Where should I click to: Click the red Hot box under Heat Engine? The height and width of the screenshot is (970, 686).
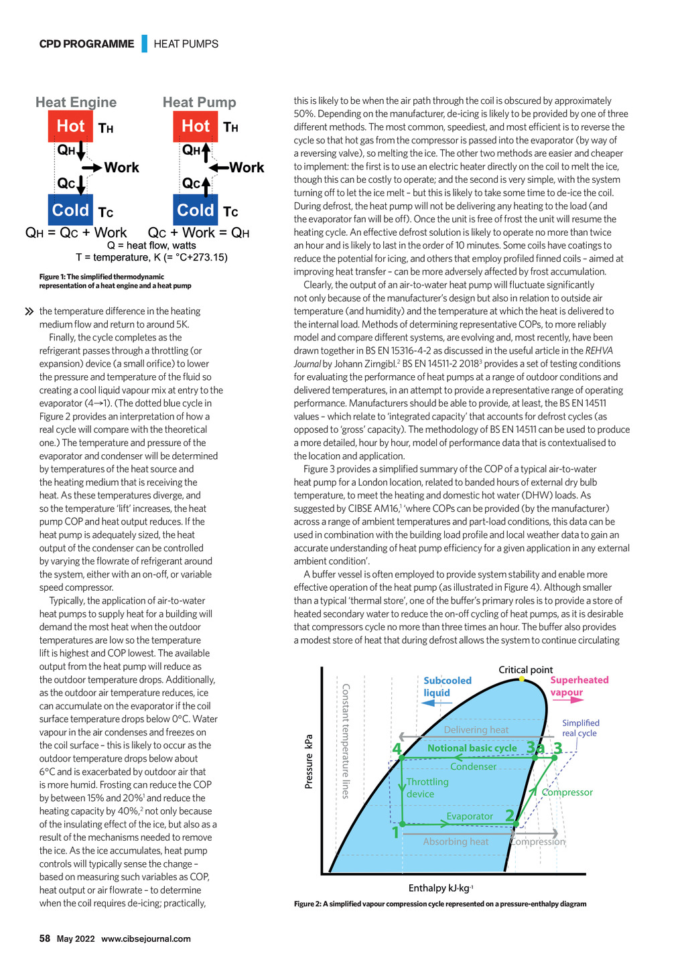[x=70, y=126]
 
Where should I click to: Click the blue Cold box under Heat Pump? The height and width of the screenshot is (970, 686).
[x=195, y=210]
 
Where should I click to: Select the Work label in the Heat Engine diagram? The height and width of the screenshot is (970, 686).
[x=121, y=167]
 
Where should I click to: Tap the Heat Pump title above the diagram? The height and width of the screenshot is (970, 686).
[x=199, y=102]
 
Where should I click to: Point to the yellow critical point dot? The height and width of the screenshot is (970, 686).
[x=522, y=679]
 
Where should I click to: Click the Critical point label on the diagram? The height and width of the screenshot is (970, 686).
[x=525, y=669]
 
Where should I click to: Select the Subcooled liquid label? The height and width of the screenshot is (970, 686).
[x=447, y=686]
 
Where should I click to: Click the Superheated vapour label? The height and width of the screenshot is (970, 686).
[x=579, y=686]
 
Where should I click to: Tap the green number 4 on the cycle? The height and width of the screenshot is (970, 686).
[x=397, y=749]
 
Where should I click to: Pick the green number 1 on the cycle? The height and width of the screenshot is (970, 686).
[x=395, y=833]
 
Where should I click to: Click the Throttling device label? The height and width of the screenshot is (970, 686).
[x=427, y=788]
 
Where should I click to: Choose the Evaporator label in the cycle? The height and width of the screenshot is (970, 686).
[x=470, y=816]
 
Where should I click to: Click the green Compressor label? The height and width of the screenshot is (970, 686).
[x=567, y=792]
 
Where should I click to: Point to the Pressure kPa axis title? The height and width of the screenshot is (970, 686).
[x=309, y=761]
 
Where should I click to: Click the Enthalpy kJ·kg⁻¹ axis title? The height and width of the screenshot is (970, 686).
[x=441, y=888]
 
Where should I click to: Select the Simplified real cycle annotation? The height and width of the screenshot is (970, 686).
[x=580, y=727]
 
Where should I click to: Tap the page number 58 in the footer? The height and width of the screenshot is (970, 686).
[x=45, y=939]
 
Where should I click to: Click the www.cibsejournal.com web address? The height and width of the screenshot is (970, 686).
[x=146, y=939]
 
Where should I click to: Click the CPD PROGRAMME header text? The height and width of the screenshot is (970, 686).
[x=86, y=44]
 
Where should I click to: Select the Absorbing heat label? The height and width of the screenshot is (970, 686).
[x=456, y=841]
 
